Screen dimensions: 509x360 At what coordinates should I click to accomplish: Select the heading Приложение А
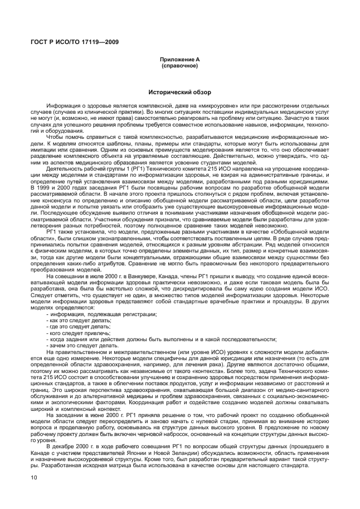(179, 59)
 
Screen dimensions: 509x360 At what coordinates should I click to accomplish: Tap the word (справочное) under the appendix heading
(179, 65)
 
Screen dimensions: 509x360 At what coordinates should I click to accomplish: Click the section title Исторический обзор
(179, 91)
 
